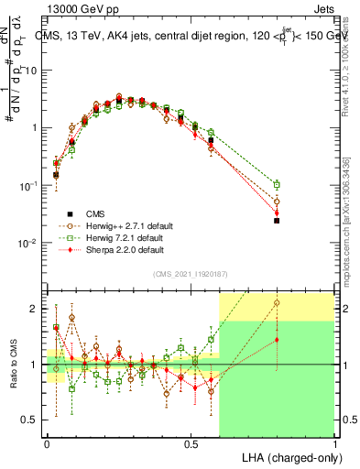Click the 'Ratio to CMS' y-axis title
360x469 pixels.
(13, 365)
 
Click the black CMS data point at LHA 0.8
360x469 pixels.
(277, 221)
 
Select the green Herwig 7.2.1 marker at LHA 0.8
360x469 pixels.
(277, 185)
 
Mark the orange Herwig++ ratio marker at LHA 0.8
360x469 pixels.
(277, 301)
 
